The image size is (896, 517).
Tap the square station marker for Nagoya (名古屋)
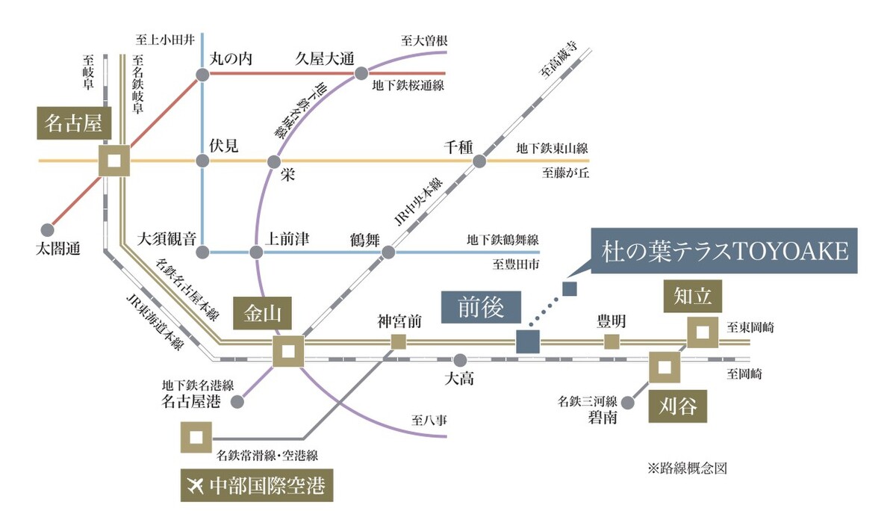click(x=115, y=161)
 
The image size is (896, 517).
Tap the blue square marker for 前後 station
click(x=528, y=341)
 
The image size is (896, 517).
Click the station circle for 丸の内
click(x=202, y=74)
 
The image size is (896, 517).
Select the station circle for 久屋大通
click(x=361, y=73)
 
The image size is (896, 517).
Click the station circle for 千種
click(x=479, y=161)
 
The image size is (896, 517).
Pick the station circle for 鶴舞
click(x=388, y=253)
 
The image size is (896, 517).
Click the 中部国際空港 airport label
click(x=256, y=486)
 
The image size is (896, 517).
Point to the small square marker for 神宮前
click(x=399, y=342)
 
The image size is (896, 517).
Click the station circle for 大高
click(x=460, y=359)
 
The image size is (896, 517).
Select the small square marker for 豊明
click(x=612, y=342)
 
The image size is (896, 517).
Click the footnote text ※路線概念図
click(x=686, y=468)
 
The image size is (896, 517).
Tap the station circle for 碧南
click(x=628, y=402)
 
